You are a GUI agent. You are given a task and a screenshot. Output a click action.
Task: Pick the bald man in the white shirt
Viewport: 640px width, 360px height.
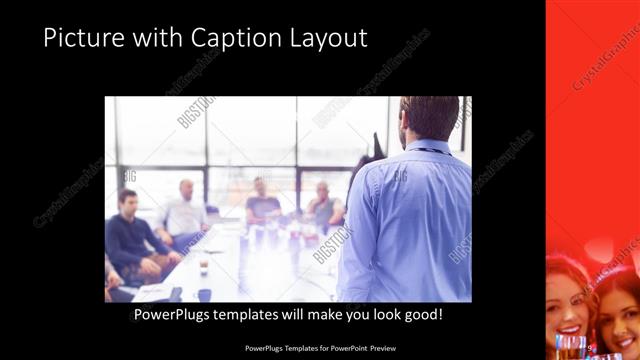coord(185,213)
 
